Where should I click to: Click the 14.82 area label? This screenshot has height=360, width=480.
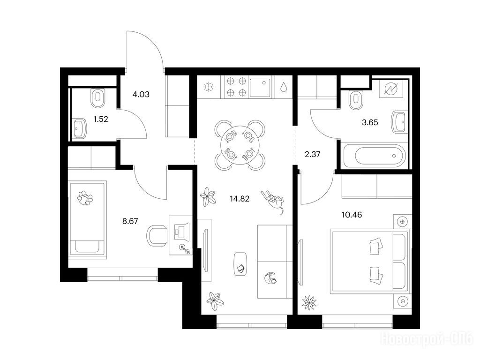[x=240, y=199]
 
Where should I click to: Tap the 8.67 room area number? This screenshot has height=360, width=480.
[x=130, y=221]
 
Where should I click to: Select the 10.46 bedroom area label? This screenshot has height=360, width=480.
[x=352, y=215]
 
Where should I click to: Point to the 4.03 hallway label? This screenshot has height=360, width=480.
[x=141, y=94]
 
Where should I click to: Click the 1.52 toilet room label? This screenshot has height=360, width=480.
[x=101, y=119]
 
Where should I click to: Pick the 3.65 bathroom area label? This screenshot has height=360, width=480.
[x=370, y=122]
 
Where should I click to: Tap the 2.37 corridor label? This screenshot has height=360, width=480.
[x=312, y=154]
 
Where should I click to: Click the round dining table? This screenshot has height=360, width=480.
[x=240, y=145]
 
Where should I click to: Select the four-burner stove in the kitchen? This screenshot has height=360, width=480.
[x=236, y=87]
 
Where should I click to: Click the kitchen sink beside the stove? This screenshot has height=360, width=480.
[x=261, y=87]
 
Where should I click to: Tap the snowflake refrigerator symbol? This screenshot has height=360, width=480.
[x=209, y=87]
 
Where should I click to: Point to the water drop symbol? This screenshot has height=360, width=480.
[x=284, y=87]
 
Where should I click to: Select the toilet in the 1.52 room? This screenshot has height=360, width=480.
[x=98, y=98]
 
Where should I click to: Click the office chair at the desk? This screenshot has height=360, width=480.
[x=157, y=236]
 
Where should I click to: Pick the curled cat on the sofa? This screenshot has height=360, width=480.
[x=270, y=278]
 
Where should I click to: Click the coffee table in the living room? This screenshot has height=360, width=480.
[x=240, y=263]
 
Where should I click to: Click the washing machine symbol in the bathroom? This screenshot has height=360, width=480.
[x=391, y=89]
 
